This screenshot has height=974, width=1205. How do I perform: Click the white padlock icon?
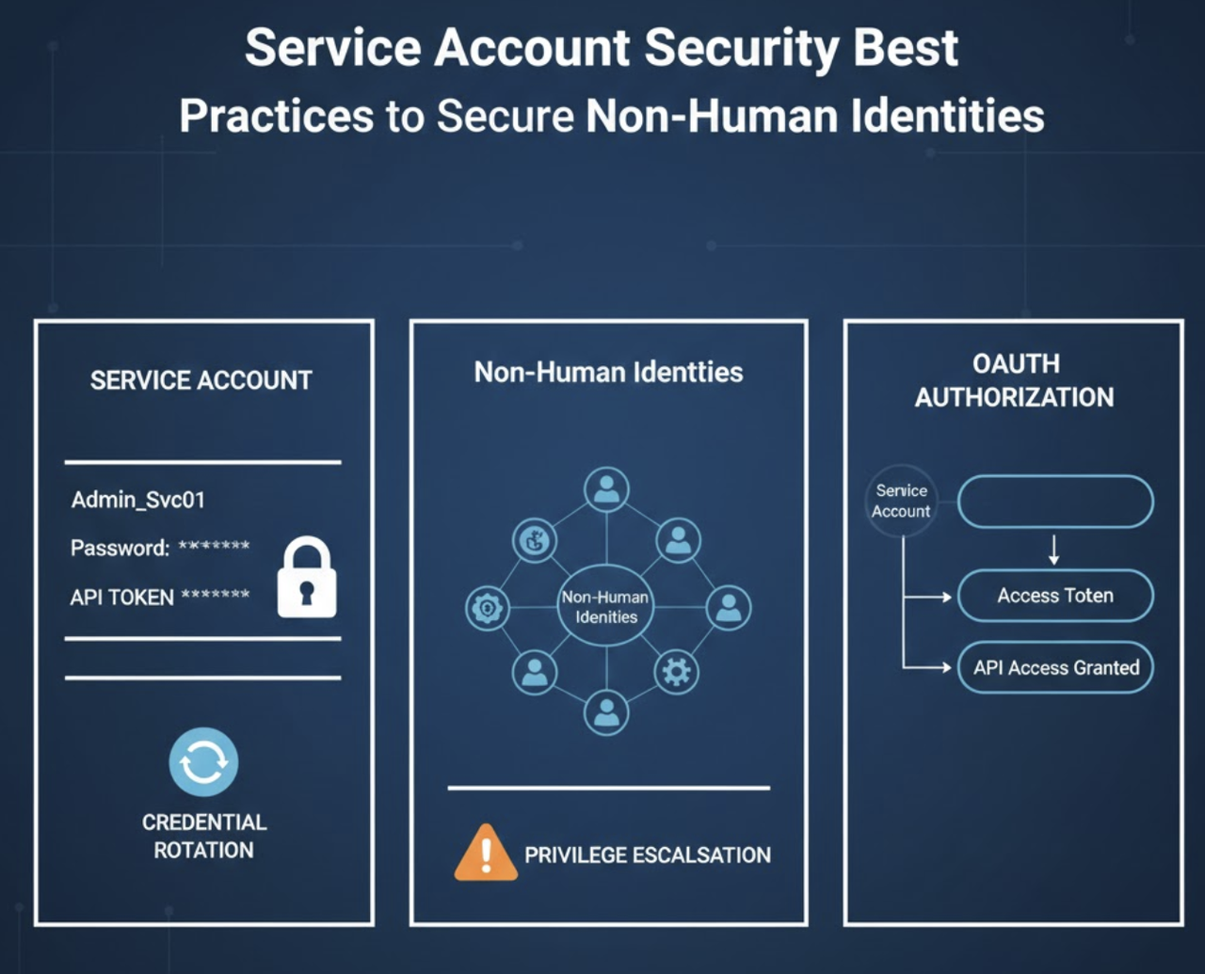[307, 578]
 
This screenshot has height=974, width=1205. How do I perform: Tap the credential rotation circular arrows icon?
[203, 762]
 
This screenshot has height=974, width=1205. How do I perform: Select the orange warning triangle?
[486, 854]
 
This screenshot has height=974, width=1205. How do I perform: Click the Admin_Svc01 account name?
[138, 500]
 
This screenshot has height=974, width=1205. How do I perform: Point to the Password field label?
[120, 548]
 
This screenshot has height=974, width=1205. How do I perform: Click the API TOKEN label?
[121, 598]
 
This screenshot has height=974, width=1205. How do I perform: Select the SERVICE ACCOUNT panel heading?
[201, 380]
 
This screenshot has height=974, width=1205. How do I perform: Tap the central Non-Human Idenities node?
[606, 607]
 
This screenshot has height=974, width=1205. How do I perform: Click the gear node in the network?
[676, 671]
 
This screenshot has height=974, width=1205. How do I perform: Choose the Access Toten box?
[1055, 596]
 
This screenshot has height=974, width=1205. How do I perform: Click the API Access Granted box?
[1055, 668]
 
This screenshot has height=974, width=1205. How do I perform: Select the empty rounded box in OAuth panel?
[1055, 502]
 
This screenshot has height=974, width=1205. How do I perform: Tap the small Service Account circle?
[901, 501]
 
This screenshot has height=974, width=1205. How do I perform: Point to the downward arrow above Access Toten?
[1054, 550]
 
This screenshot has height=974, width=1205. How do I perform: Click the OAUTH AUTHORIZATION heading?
[1015, 380]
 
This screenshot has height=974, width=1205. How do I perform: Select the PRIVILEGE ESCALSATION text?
[648, 855]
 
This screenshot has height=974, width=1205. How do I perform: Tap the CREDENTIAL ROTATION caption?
[204, 836]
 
